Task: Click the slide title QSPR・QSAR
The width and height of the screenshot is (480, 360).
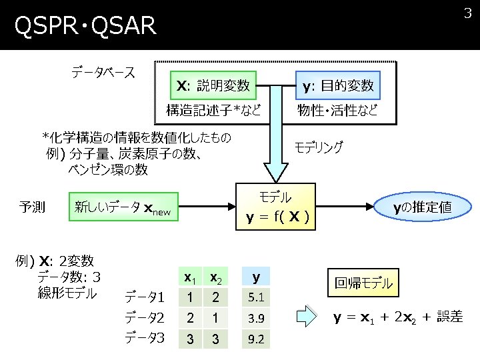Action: [85, 27]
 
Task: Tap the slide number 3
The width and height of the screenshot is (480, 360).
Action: [467, 13]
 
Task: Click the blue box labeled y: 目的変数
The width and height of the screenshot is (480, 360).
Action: [337, 85]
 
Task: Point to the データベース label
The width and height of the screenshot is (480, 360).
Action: [103, 72]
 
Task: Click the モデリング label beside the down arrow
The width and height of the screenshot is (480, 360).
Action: [319, 147]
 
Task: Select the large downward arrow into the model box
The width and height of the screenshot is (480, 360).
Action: [275, 147]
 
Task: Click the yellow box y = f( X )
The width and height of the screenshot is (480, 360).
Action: [275, 208]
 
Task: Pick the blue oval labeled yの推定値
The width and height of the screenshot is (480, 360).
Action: [422, 207]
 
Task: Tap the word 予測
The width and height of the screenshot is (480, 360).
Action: [32, 207]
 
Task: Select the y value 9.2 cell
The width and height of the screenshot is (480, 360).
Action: [256, 339]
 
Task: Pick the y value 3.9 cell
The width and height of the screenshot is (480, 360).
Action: [256, 318]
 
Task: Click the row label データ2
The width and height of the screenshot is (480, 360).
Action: [145, 317]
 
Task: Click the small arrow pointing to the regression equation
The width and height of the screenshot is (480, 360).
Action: [305, 317]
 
